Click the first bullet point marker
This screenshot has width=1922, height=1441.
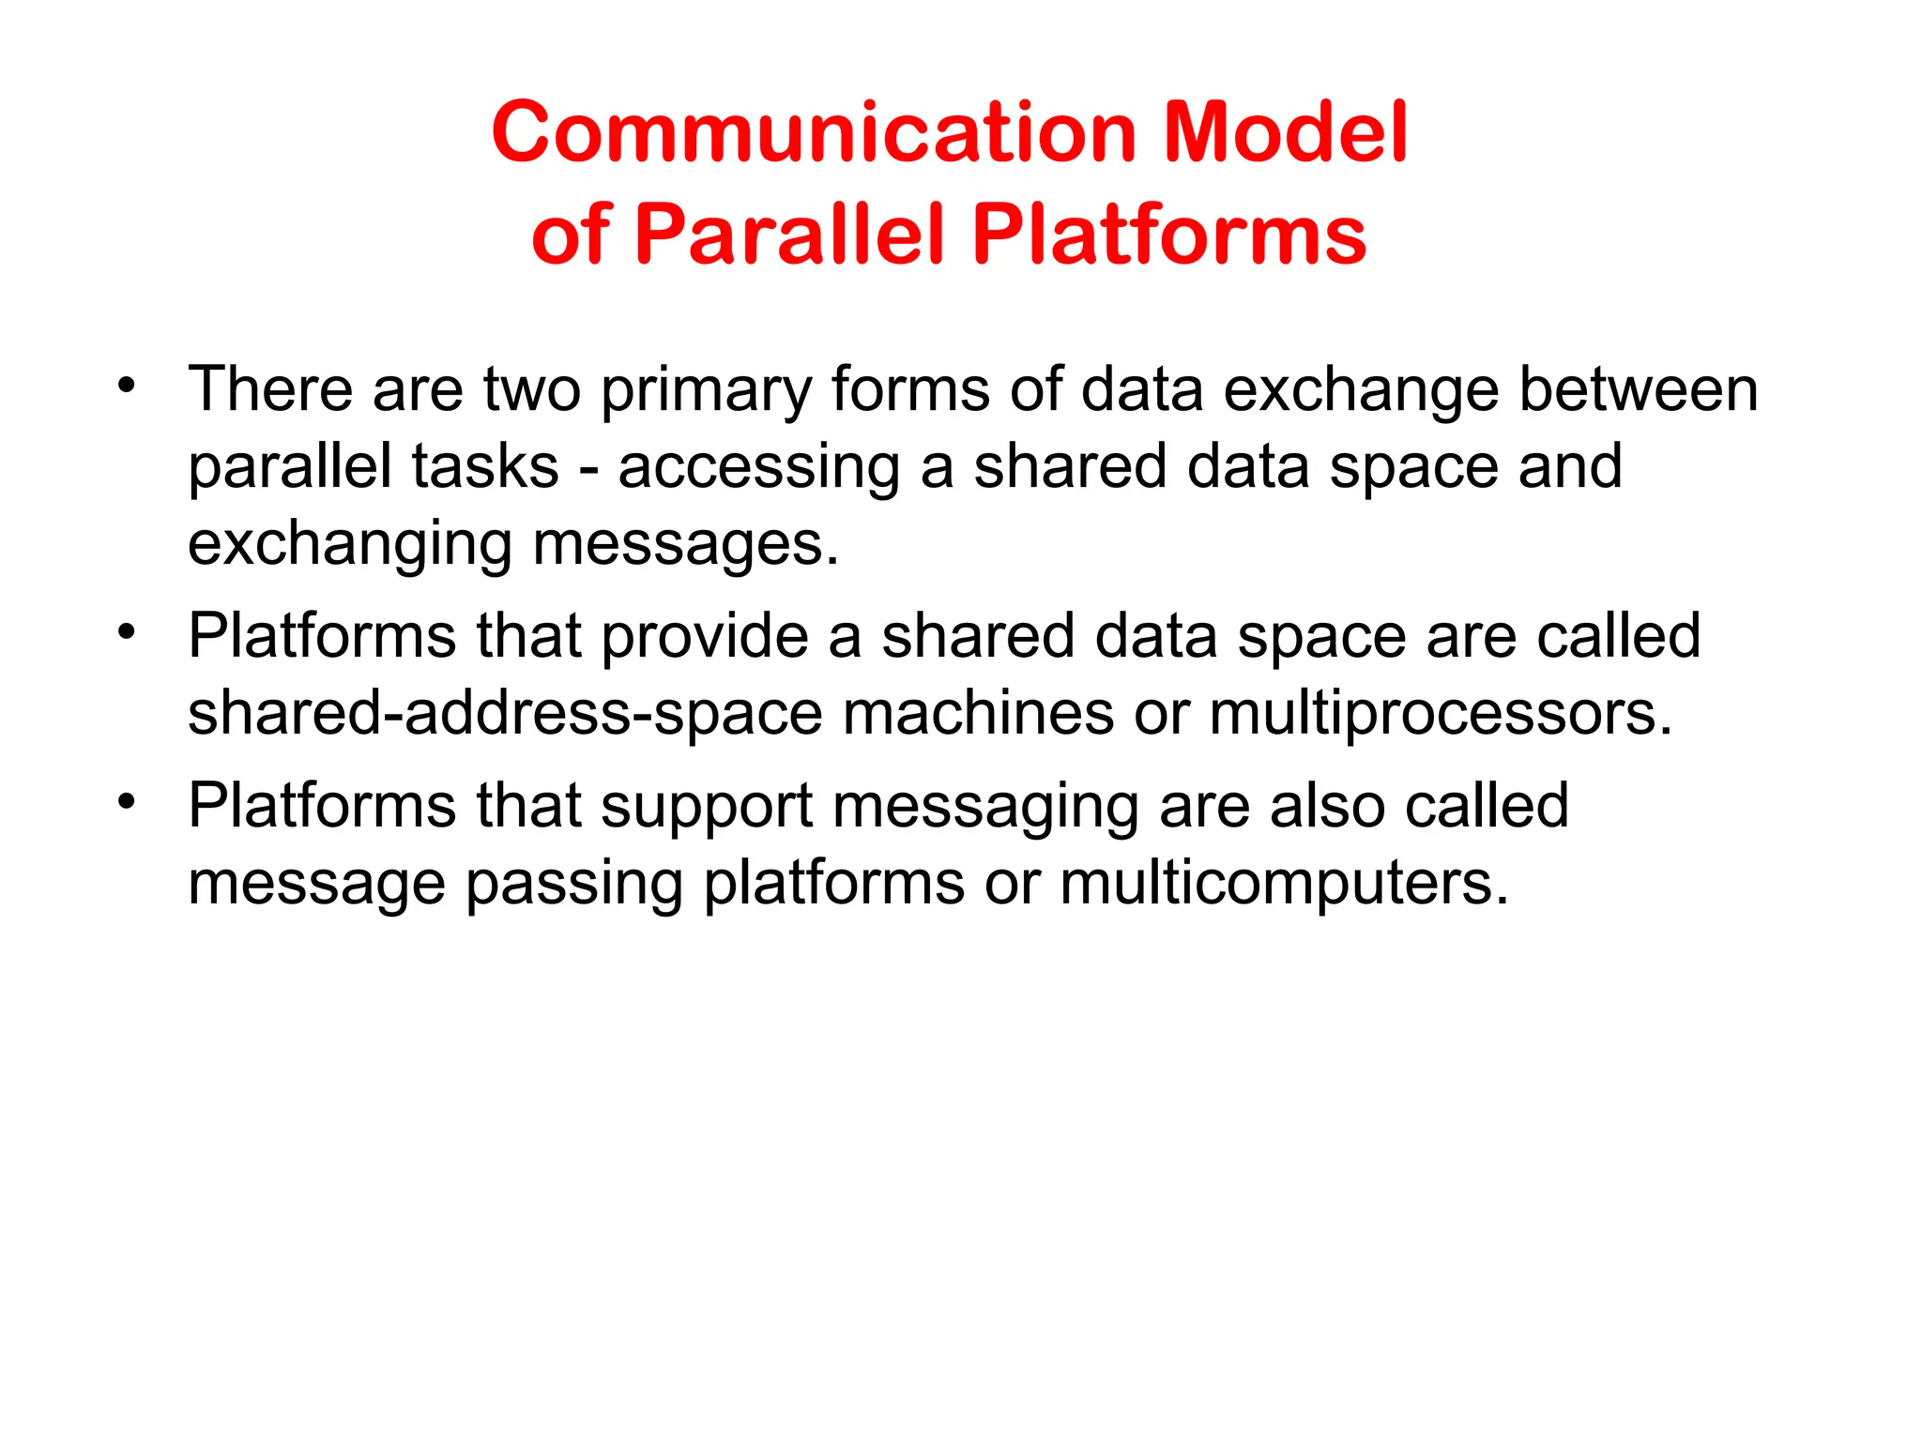pyautogui.click(x=128, y=385)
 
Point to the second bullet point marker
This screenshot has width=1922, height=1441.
pyautogui.click(x=128, y=630)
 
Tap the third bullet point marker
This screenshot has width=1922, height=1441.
pyautogui.click(x=128, y=801)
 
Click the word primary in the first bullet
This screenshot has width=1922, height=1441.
pyautogui.click(x=706, y=392)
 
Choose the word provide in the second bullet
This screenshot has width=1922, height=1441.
pyautogui.click(x=704, y=638)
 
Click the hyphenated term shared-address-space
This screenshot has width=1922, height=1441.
pyautogui.click(x=505, y=715)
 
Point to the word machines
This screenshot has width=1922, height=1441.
pyautogui.click(x=978, y=713)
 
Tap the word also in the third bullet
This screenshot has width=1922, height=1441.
pyautogui.click(x=1327, y=806)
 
